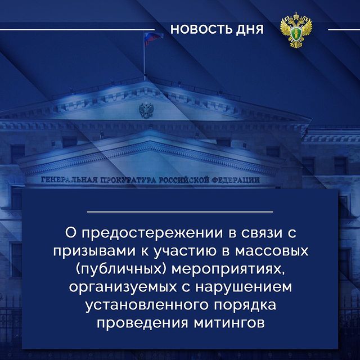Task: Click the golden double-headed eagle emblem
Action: click(296, 30)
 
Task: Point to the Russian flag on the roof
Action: click(153, 38)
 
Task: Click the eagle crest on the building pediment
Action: click(146, 110)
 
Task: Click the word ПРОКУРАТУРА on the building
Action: click(126, 180)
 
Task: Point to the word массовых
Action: click(272, 251)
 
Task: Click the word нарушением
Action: click(244, 287)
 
